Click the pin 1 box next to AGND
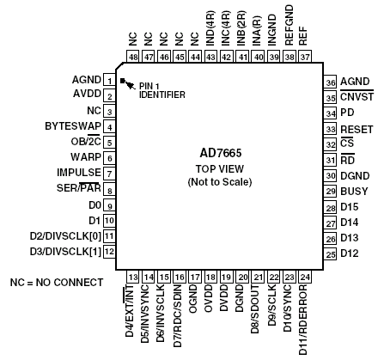[109, 81]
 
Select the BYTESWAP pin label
[73, 126]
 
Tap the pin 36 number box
[331, 82]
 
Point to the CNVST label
[357, 97]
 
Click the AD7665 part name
[221, 153]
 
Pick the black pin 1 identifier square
[123, 81]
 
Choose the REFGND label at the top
[290, 25]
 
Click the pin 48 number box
[133, 57]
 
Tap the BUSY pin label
[354, 192]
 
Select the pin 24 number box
[305, 277]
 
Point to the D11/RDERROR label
[303, 320]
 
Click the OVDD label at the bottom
[209, 298]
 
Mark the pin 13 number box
[133, 277]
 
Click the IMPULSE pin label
[79, 173]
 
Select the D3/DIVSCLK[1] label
[65, 252]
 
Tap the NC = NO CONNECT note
[57, 283]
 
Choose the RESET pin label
[357, 130]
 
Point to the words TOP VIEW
[220, 169]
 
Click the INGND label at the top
[271, 30]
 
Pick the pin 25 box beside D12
[331, 253]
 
